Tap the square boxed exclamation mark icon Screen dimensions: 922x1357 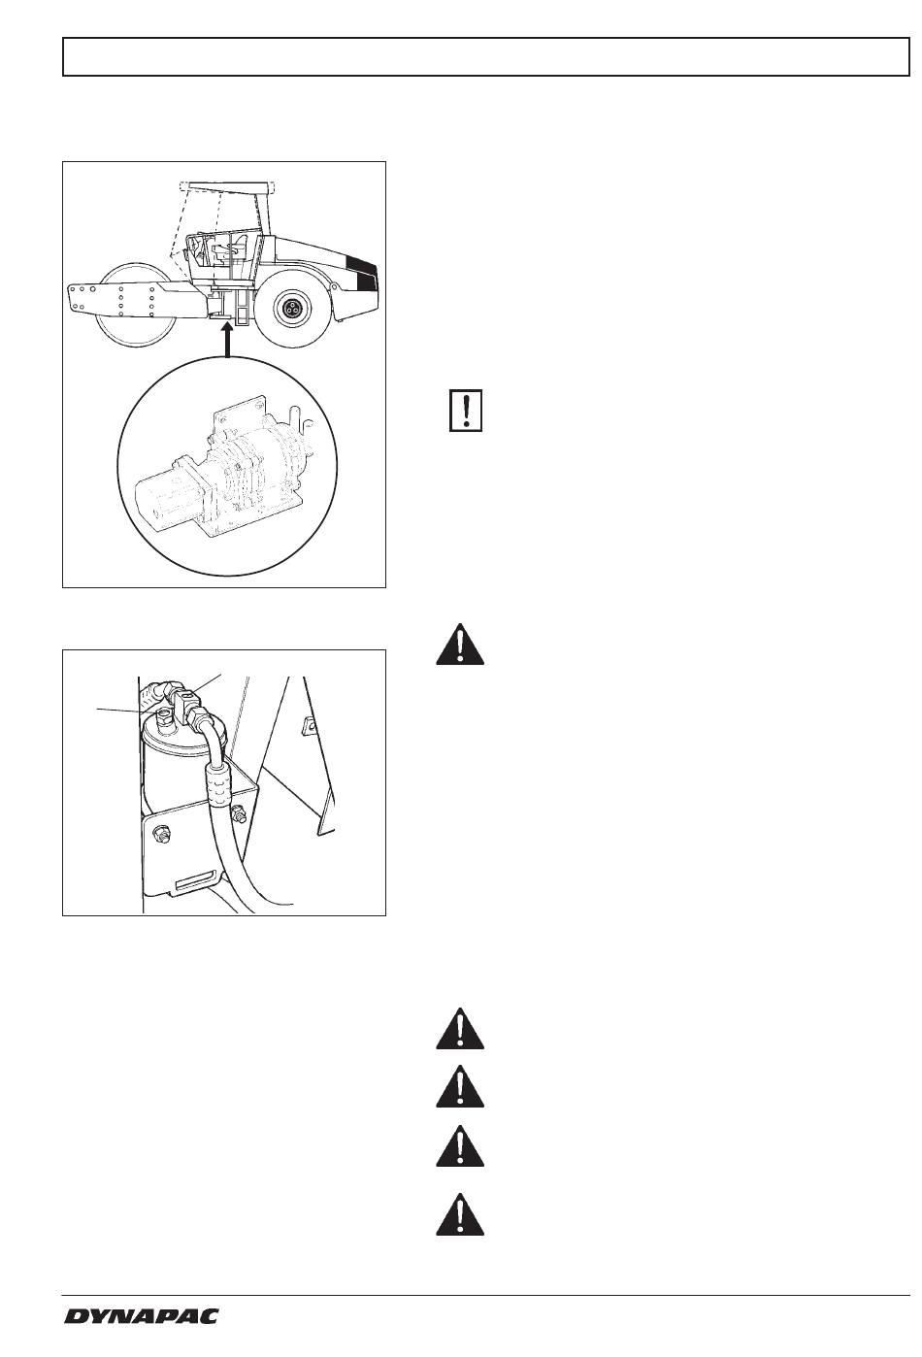(x=466, y=411)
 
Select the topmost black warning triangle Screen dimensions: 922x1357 (x=460, y=644)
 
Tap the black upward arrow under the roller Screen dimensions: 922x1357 (x=226, y=341)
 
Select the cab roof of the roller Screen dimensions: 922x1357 (x=226, y=186)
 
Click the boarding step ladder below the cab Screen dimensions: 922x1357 (x=241, y=306)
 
